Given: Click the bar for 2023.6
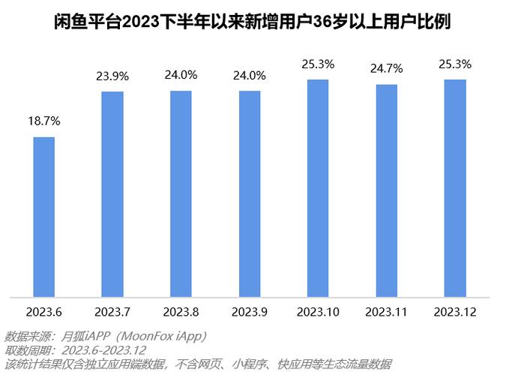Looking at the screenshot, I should [x=43, y=217].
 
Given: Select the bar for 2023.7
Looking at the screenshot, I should [x=112, y=194].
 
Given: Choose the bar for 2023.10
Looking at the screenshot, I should [x=318, y=188].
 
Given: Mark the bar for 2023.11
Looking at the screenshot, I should [x=387, y=190].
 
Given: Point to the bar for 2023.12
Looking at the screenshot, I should [x=455, y=188].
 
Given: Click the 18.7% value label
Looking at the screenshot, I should [x=43, y=121].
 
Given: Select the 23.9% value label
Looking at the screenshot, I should [x=112, y=76].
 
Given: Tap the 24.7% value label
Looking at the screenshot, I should [x=387, y=69].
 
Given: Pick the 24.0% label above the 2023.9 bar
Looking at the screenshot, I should [x=250, y=75].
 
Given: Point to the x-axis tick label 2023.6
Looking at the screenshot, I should [x=43, y=311].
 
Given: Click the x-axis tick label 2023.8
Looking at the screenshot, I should [x=181, y=311].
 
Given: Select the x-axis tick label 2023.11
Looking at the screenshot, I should [x=387, y=311].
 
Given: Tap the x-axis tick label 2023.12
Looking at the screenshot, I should [x=455, y=311].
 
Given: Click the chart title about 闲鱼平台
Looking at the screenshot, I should [x=259, y=20].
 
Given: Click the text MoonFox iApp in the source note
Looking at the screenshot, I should [x=160, y=335].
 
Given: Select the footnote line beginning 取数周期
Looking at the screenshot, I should [x=75, y=349].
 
